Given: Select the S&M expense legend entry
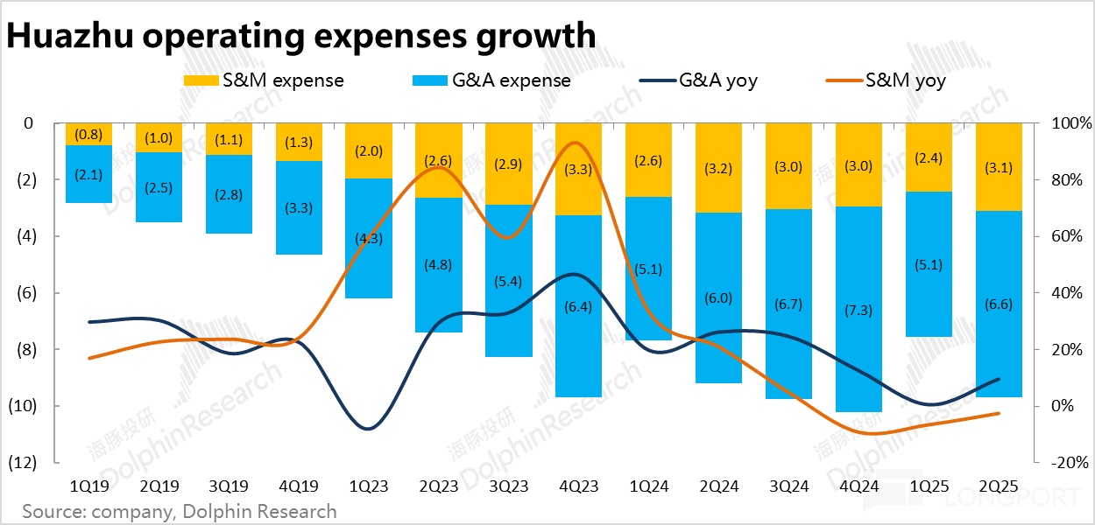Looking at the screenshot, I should tap(264, 80).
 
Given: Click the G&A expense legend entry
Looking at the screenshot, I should tap(491, 80).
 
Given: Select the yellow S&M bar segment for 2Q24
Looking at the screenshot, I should tap(718, 144).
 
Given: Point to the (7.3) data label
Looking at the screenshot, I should tap(858, 311).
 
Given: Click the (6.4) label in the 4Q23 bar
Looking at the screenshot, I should tap(578, 307).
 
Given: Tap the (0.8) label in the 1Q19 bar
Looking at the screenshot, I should tap(88, 135).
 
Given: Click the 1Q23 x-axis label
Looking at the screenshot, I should tap(368, 484).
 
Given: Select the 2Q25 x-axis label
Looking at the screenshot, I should tap(999, 484).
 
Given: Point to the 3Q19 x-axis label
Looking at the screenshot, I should tap(229, 484).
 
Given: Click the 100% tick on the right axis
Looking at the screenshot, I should tap(1062, 123).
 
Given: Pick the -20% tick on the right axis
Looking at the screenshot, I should tap(1062, 463).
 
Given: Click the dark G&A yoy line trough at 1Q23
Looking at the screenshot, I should tap(368, 429).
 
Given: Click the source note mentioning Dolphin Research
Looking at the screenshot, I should tap(180, 511).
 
